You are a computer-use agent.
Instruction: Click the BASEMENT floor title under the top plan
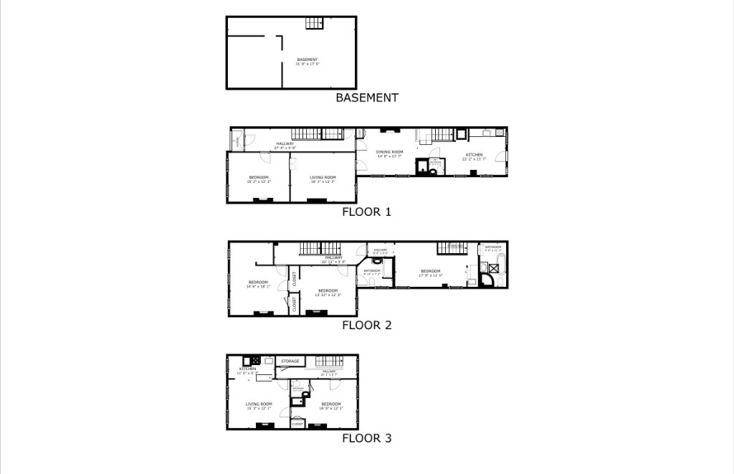(366, 98)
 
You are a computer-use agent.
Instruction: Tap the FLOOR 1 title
(366, 212)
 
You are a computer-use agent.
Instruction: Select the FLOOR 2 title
(366, 325)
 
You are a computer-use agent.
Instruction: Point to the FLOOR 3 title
(366, 438)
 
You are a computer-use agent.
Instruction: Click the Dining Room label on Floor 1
(390, 152)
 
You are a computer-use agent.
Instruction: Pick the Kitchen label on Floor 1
(474, 155)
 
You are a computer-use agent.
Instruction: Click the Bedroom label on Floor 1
(259, 177)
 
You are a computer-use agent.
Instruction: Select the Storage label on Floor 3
(290, 361)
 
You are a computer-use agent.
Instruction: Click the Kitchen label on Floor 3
(237, 369)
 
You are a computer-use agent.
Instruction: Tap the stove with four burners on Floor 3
(255, 360)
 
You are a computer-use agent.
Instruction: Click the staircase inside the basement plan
(314, 23)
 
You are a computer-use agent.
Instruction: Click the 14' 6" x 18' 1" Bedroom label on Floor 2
(258, 282)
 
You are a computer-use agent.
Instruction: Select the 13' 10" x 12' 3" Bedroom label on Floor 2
(328, 290)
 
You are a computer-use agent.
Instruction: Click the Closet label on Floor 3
(297, 424)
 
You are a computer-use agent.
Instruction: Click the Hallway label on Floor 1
(285, 144)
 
